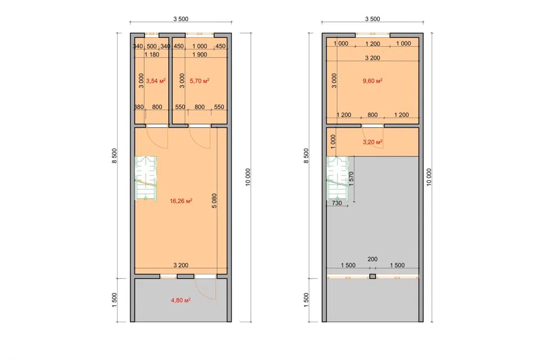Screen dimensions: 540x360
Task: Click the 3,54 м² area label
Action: tap(156, 81)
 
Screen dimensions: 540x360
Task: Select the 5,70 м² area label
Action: tap(199, 81)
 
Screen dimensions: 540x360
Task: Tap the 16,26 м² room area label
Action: tap(181, 201)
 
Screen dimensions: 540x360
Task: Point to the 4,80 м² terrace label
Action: tap(181, 300)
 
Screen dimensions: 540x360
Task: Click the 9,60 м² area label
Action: tap(372, 81)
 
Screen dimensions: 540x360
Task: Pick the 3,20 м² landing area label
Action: tap(372, 142)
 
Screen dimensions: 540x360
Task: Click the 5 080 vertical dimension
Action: tap(214, 200)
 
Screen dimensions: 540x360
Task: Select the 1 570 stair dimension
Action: tap(351, 179)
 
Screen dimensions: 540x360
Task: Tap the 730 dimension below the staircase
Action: tap(337, 203)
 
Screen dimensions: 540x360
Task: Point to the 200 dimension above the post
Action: tap(372, 259)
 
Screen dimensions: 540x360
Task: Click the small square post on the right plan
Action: tap(372, 276)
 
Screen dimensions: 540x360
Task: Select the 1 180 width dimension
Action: tap(151, 55)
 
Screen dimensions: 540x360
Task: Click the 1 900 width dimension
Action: tap(199, 55)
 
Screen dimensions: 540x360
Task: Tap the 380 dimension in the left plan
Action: tap(138, 107)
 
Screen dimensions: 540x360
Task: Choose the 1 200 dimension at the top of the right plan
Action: tap(372, 44)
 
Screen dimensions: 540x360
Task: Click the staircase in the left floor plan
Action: tap(146, 178)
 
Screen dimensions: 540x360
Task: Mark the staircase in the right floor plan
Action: tap(337, 178)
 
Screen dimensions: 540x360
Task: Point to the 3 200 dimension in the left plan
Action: tap(181, 265)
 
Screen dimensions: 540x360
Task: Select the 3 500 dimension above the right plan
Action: tap(372, 19)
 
